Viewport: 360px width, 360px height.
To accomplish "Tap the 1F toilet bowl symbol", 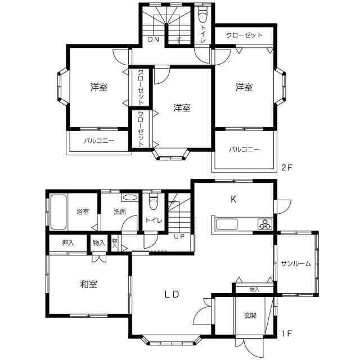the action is pyautogui.click(x=154, y=201).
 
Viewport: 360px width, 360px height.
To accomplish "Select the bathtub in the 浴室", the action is pyautogui.click(x=58, y=211).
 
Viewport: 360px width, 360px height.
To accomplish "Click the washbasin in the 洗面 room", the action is pyautogui.click(x=129, y=197).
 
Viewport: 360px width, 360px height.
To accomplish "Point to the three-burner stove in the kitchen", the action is pyautogui.click(x=265, y=224).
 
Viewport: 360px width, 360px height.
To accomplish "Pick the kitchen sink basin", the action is pyautogui.click(x=227, y=224).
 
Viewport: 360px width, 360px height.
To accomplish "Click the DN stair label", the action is pyautogui.click(x=154, y=39).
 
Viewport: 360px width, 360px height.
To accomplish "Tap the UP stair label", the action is pyautogui.click(x=179, y=236).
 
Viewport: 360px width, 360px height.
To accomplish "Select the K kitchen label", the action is pyautogui.click(x=233, y=199).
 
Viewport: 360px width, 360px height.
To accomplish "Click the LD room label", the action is pyautogui.click(x=172, y=294).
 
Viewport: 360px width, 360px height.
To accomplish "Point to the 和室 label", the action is pyautogui.click(x=88, y=284).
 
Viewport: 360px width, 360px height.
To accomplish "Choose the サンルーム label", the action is pyautogui.click(x=296, y=263).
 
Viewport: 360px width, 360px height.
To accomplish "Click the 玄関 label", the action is pyautogui.click(x=250, y=316).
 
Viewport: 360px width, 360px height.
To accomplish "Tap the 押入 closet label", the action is pyautogui.click(x=67, y=242).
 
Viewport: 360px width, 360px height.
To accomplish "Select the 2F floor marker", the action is pyautogui.click(x=286, y=168).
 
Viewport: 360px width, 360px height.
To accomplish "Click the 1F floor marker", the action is pyautogui.click(x=286, y=333).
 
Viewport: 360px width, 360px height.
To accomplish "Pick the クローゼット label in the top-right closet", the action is pyautogui.click(x=244, y=35).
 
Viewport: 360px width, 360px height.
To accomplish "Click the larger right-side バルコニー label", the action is pyautogui.click(x=244, y=150).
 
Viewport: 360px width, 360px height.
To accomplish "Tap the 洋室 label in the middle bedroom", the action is pyautogui.click(x=182, y=107).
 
